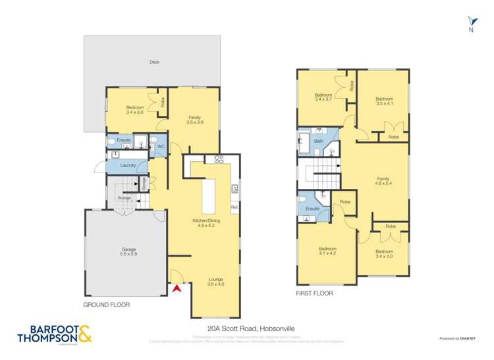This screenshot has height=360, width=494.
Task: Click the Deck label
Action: coord(154,63)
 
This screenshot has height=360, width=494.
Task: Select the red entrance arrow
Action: coord(176,287)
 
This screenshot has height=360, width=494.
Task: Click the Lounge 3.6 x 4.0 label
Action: coord(216,281)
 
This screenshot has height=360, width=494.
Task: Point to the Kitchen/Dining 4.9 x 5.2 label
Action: coord(202,222)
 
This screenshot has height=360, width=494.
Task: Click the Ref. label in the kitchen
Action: coord(234,209)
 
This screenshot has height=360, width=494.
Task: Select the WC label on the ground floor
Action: coord(160,147)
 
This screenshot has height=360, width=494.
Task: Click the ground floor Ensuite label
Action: coord(124,140)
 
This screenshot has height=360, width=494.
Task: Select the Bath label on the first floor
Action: coord(319,141)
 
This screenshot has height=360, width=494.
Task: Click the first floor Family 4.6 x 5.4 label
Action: coord(383,181)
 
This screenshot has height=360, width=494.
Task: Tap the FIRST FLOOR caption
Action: coord(315,294)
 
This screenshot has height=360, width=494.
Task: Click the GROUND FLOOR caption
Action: coord(107,305)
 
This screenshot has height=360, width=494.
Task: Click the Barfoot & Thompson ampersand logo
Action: coord(85,334)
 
